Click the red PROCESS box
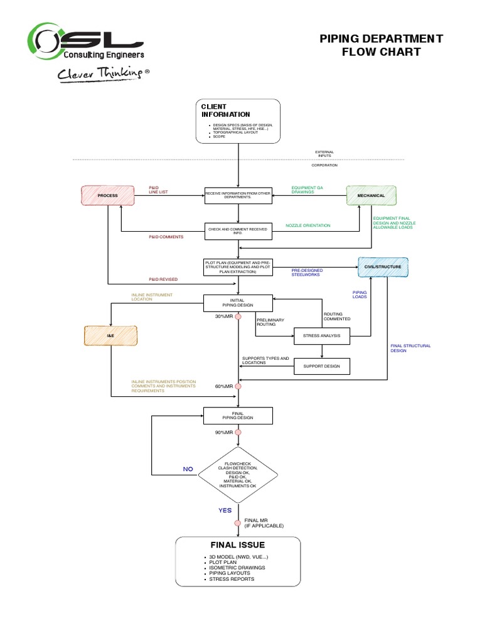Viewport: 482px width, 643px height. coord(108,195)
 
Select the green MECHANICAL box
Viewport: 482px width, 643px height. coord(371,195)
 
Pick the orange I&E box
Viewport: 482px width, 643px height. coord(110,337)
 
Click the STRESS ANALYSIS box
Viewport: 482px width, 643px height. coord(322,336)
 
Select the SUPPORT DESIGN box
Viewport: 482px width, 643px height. coord(322,366)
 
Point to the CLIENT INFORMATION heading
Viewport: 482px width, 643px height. coord(225,111)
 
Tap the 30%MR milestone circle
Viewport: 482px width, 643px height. coord(238,316)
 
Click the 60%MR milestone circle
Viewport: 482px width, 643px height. coord(238,387)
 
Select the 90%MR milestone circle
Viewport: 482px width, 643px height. coord(238,433)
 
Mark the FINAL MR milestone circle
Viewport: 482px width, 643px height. coord(238,522)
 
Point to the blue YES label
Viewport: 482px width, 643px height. coord(225,511)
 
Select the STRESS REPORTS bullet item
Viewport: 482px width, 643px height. coord(232,579)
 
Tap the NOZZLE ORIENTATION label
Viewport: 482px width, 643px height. coord(308,225)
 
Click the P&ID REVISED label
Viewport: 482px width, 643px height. coord(163,279)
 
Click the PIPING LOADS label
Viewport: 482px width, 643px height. coord(360,294)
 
